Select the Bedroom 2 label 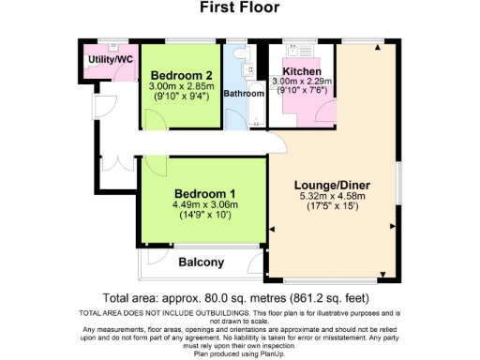point(181,75)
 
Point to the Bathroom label point(243,94)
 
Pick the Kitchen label point(302,71)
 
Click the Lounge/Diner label point(333,185)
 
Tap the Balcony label point(201,262)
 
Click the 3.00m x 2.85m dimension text point(181,86)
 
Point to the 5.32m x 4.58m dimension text point(333,197)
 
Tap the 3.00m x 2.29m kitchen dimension point(302,82)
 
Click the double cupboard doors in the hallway point(112,159)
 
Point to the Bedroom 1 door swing point(155,167)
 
